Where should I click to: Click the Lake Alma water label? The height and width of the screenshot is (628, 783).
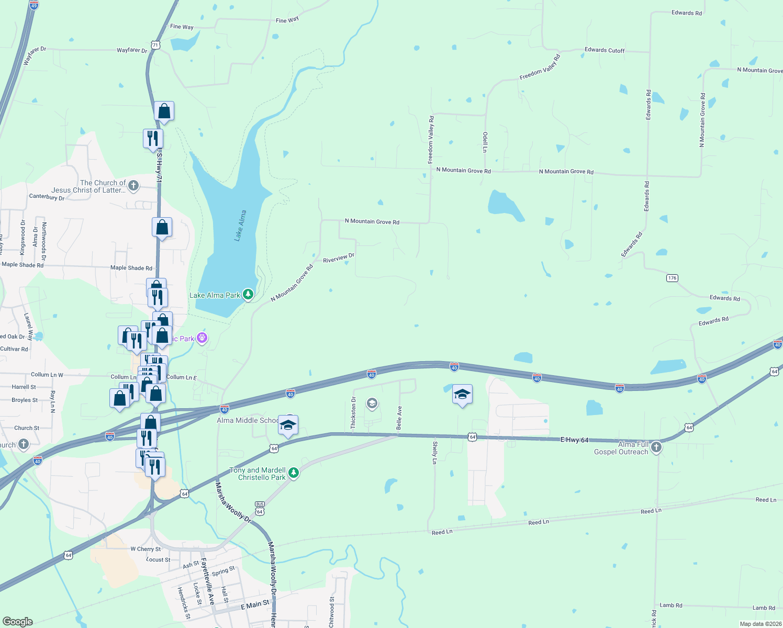click(x=240, y=226)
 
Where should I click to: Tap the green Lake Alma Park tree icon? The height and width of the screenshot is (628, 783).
click(x=248, y=295)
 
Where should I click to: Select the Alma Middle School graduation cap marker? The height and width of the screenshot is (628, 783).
click(x=288, y=425)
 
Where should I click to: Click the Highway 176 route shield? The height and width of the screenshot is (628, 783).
click(x=672, y=278)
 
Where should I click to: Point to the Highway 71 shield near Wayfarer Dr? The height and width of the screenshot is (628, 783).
click(x=155, y=45)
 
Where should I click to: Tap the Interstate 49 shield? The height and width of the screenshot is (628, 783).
click(x=34, y=5)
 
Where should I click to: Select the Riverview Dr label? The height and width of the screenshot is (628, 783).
click(x=339, y=258)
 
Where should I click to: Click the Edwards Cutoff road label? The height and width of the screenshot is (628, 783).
click(x=605, y=50)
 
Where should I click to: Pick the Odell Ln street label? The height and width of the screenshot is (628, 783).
click(x=485, y=142)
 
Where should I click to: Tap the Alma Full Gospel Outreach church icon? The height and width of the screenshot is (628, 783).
click(x=656, y=447)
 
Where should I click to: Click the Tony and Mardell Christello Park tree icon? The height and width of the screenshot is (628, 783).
click(x=294, y=473)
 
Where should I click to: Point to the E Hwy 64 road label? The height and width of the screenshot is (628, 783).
click(x=574, y=440)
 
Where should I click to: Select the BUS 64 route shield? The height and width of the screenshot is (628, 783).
click(x=260, y=508)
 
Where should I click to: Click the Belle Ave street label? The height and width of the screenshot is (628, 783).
click(x=399, y=418)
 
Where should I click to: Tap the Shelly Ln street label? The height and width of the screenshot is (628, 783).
click(x=434, y=453)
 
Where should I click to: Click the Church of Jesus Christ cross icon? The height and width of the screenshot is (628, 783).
click(x=133, y=185)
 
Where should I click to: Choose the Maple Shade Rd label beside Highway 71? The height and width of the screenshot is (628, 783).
click(x=131, y=268)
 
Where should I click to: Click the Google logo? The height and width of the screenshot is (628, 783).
click(x=18, y=621)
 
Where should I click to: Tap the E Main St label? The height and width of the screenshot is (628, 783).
click(x=255, y=604)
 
